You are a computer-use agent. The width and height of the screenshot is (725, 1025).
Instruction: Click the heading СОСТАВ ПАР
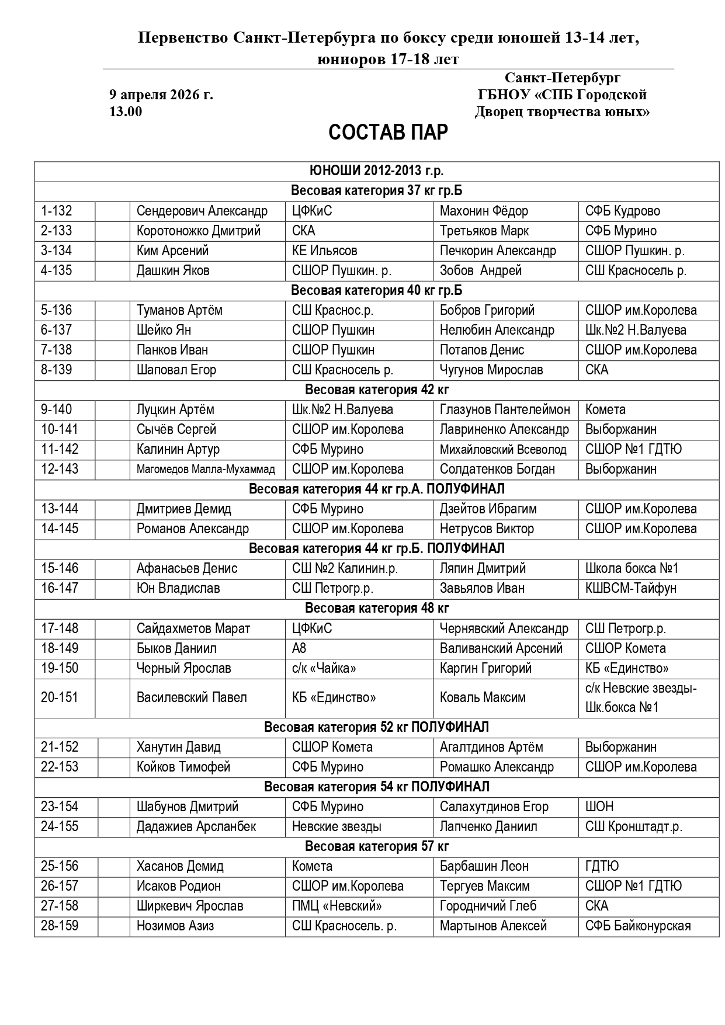388,133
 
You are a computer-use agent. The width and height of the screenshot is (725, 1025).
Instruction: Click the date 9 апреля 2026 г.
161,95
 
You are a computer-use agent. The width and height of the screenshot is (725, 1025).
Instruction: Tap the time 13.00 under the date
126,112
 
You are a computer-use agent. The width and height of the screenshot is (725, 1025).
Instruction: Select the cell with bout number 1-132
57,211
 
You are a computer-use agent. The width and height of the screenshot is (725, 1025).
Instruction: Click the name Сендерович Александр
202,211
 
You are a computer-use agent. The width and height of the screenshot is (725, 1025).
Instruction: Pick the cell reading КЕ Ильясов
324,251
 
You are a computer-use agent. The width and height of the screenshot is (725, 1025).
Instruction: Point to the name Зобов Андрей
480,270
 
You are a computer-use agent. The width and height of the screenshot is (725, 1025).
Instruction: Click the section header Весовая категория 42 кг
377,390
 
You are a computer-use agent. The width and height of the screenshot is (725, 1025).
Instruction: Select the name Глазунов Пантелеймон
504,409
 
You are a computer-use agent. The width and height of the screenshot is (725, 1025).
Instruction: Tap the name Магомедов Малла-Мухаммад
205,469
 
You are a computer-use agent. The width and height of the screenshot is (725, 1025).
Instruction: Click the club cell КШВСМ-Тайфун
630,588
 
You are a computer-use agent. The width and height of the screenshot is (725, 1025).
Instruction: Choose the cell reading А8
299,648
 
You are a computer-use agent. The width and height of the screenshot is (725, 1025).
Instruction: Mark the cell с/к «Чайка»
324,668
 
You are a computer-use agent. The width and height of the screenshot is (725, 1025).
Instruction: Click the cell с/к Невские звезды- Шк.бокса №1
640,697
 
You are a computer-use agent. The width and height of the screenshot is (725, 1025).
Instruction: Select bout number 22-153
60,767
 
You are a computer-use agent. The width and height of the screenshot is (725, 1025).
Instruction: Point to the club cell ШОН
599,807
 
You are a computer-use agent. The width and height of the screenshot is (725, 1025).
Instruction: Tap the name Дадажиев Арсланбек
196,826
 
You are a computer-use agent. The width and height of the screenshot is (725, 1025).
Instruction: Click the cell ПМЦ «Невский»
337,906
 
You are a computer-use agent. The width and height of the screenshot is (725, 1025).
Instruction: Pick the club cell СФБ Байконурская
637,926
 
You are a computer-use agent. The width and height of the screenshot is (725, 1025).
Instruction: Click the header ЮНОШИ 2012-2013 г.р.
377,171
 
